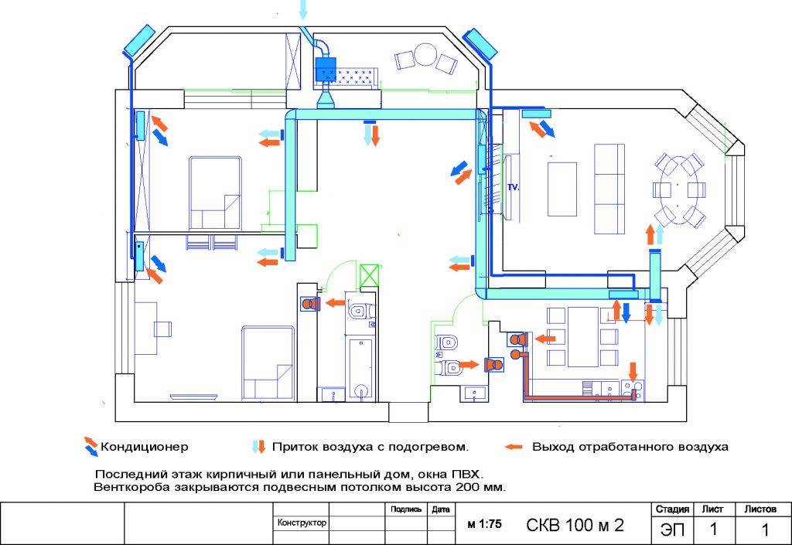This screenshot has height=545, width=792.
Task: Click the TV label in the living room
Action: (x=514, y=187)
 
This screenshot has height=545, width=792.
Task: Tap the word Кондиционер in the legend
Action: (x=145, y=447)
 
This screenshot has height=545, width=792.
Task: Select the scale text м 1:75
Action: (x=484, y=524)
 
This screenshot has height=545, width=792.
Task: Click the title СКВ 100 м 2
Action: (x=575, y=526)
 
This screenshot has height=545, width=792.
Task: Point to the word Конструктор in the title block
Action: (x=302, y=523)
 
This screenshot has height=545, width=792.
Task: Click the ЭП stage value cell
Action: (x=672, y=530)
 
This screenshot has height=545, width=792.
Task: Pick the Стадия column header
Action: (x=672, y=509)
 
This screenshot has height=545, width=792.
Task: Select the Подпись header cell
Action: (x=406, y=509)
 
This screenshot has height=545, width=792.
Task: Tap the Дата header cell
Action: (x=440, y=509)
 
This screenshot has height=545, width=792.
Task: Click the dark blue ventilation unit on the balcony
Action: (x=326, y=70)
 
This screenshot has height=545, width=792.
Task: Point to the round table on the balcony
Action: (x=425, y=55)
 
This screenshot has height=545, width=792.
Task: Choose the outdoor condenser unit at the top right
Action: (x=480, y=43)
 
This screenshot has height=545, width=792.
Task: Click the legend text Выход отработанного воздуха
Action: (x=630, y=447)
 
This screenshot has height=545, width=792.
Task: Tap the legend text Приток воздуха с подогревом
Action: (x=370, y=447)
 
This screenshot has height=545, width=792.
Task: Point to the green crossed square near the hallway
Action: (x=369, y=275)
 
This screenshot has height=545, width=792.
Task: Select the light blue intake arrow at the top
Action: (x=302, y=9)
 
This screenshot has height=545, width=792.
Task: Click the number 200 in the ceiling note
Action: (x=468, y=488)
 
